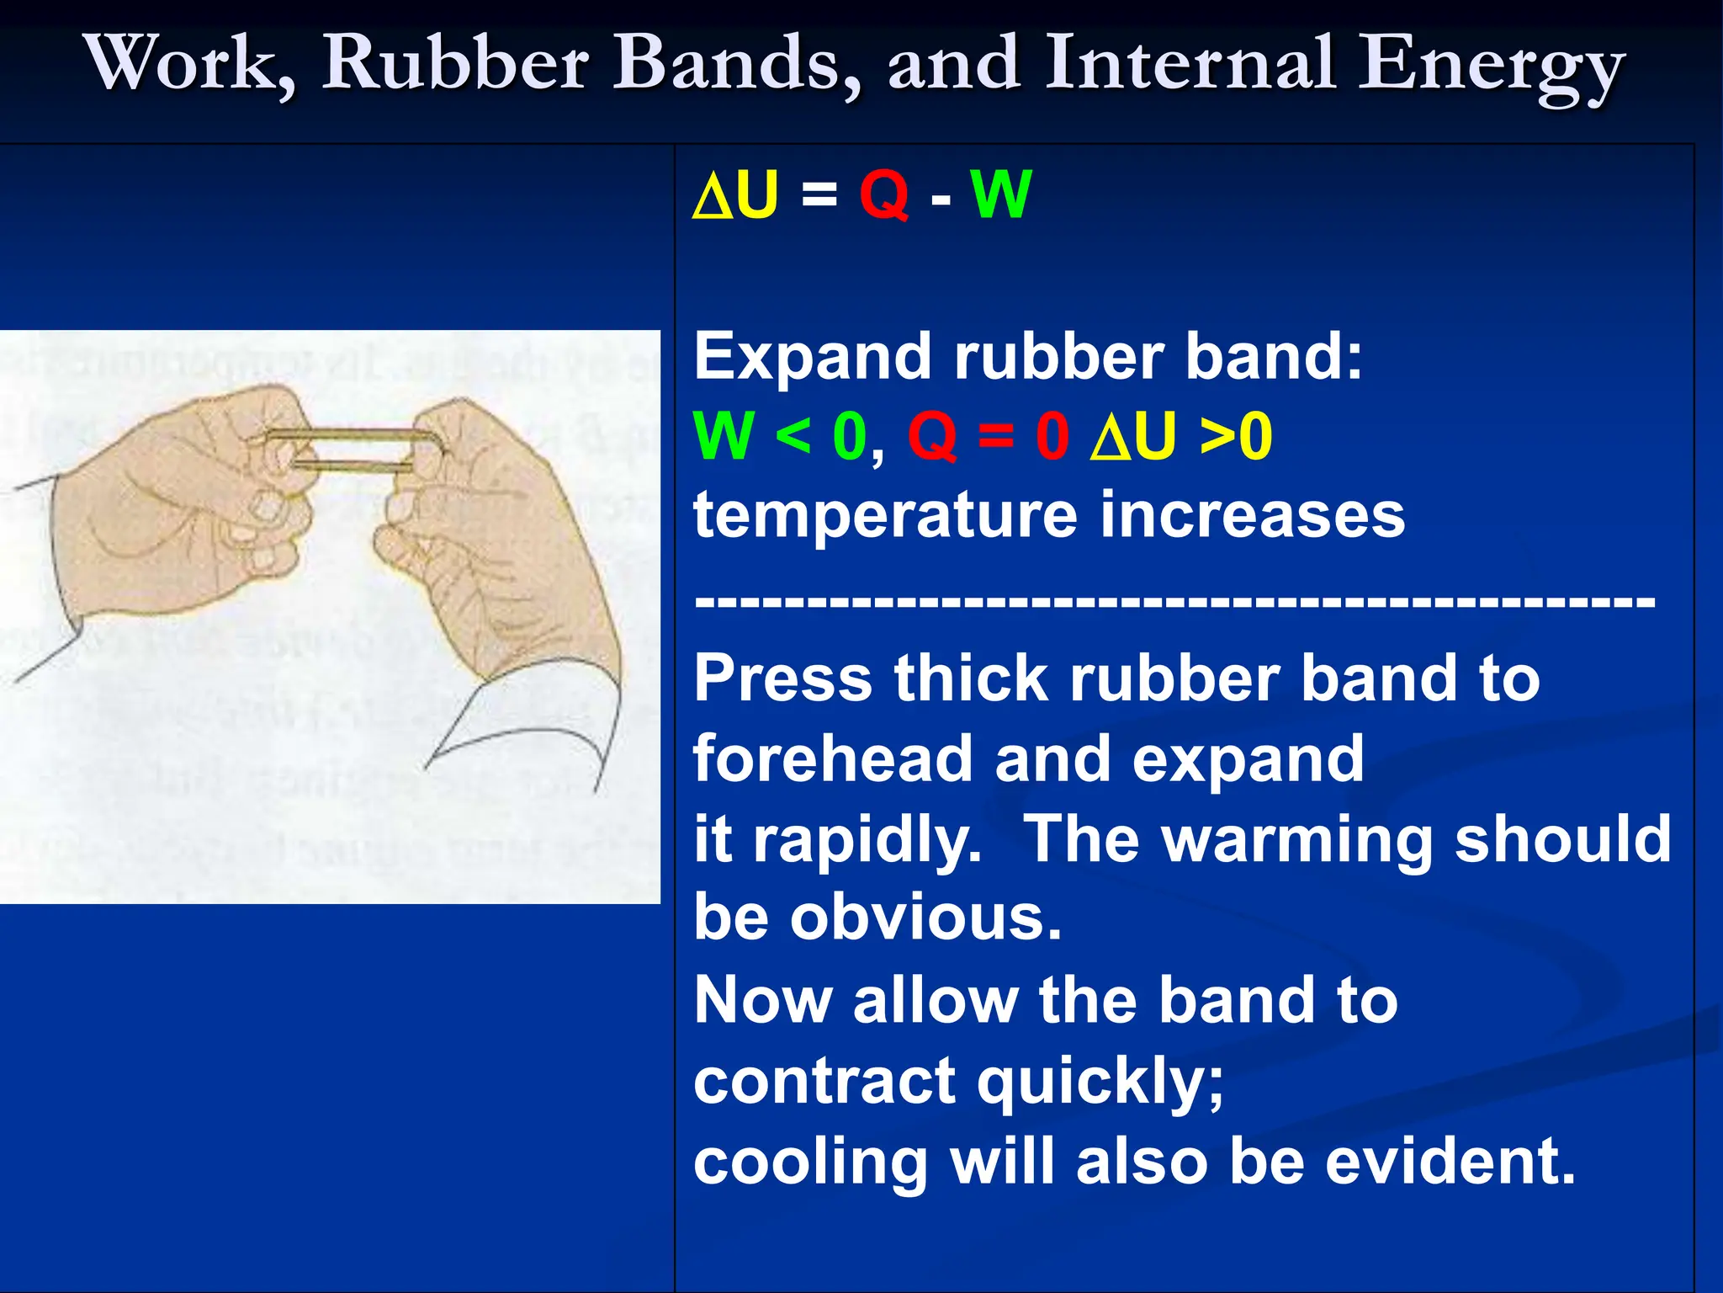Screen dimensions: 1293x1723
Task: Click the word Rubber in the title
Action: click(x=455, y=64)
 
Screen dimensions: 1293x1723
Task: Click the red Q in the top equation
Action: click(x=883, y=194)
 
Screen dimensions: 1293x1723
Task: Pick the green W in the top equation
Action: click(x=1000, y=194)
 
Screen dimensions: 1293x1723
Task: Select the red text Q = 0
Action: click(x=988, y=436)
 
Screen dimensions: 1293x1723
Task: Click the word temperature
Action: click(x=884, y=515)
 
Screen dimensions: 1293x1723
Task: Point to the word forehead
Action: click(x=831, y=758)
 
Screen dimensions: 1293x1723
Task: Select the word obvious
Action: click(x=925, y=918)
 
